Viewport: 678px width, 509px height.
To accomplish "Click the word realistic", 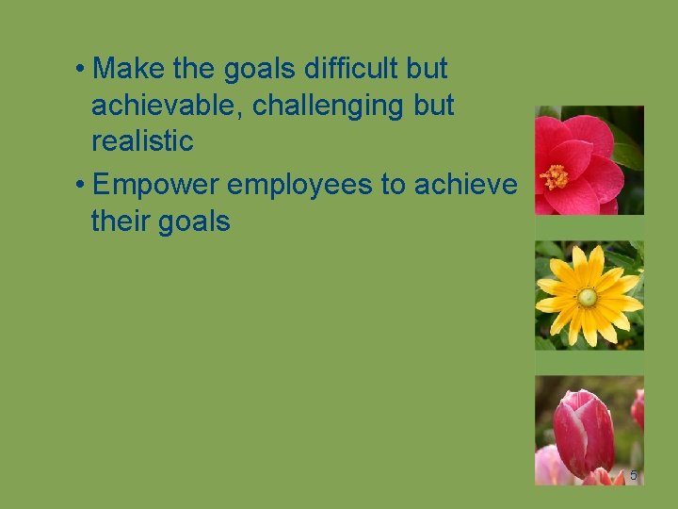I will click(x=142, y=142).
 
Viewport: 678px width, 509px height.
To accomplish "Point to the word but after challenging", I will click(x=433, y=106).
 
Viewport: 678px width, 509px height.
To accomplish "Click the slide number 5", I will click(x=633, y=476).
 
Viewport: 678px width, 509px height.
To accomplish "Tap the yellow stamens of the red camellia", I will click(x=553, y=174).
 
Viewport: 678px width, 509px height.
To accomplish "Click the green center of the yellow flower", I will click(x=588, y=298).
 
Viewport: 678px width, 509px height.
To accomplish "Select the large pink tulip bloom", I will click(x=583, y=433).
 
